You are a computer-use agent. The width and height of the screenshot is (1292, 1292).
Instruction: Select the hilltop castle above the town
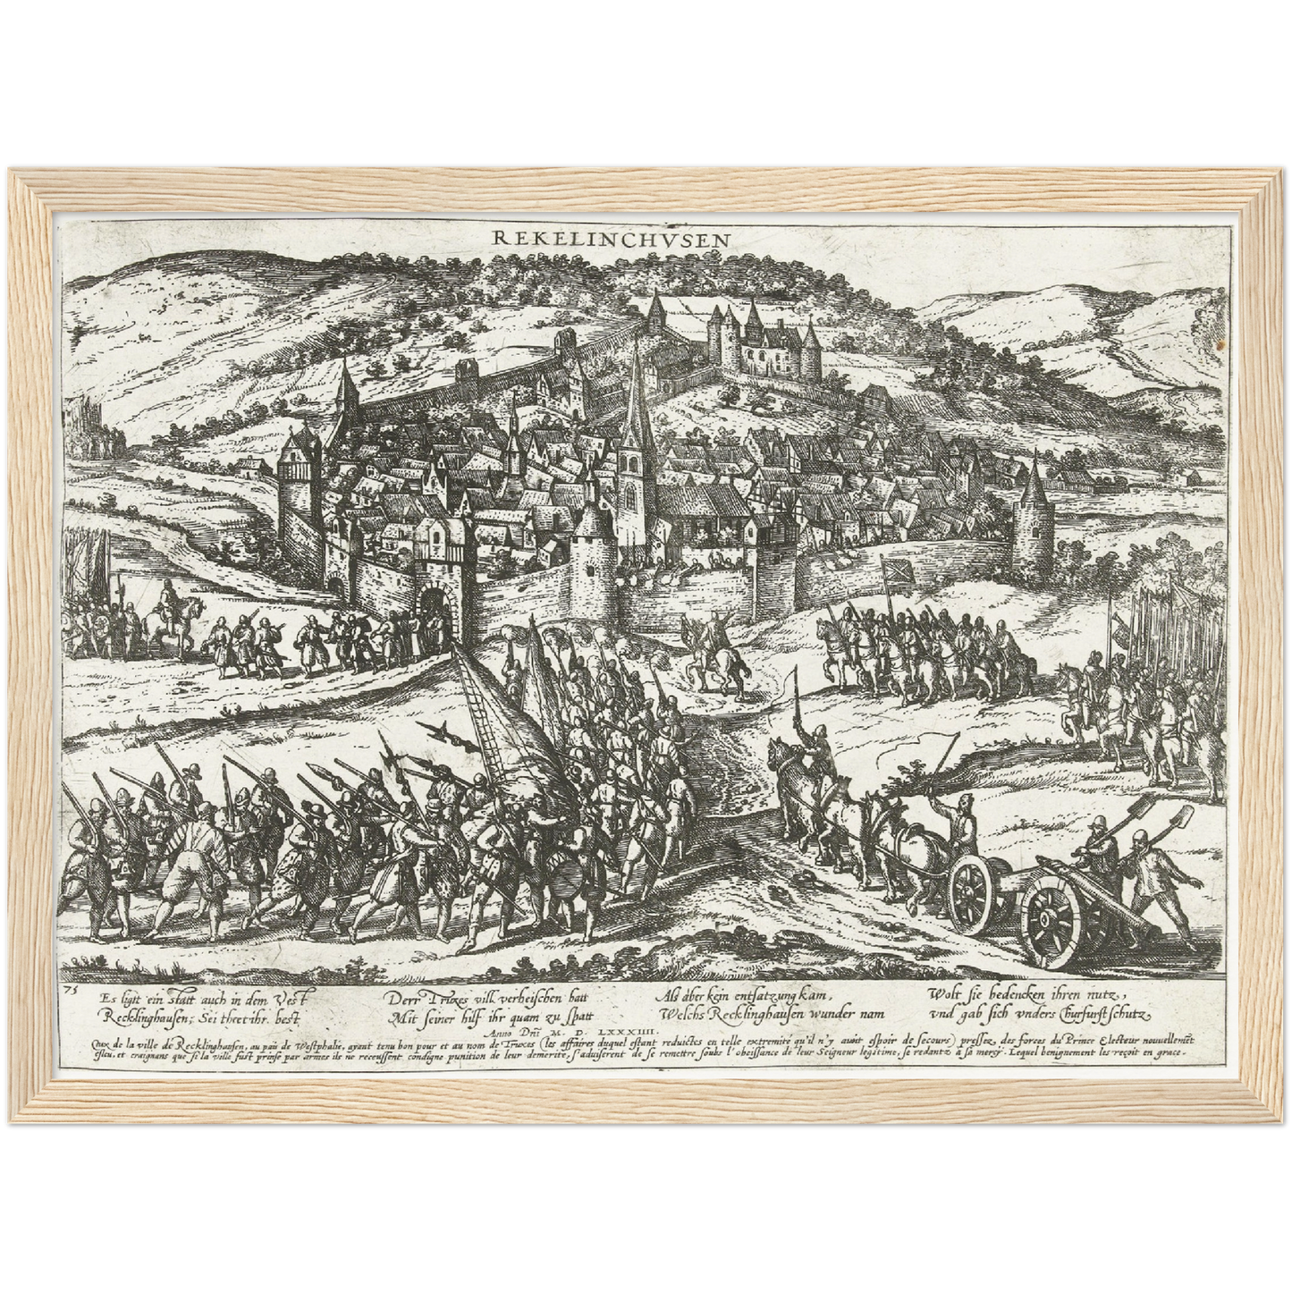[x=764, y=339]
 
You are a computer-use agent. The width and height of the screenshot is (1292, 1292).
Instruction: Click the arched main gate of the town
[x=433, y=605]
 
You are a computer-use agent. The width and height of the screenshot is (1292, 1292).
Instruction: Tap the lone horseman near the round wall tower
[x=714, y=653]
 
